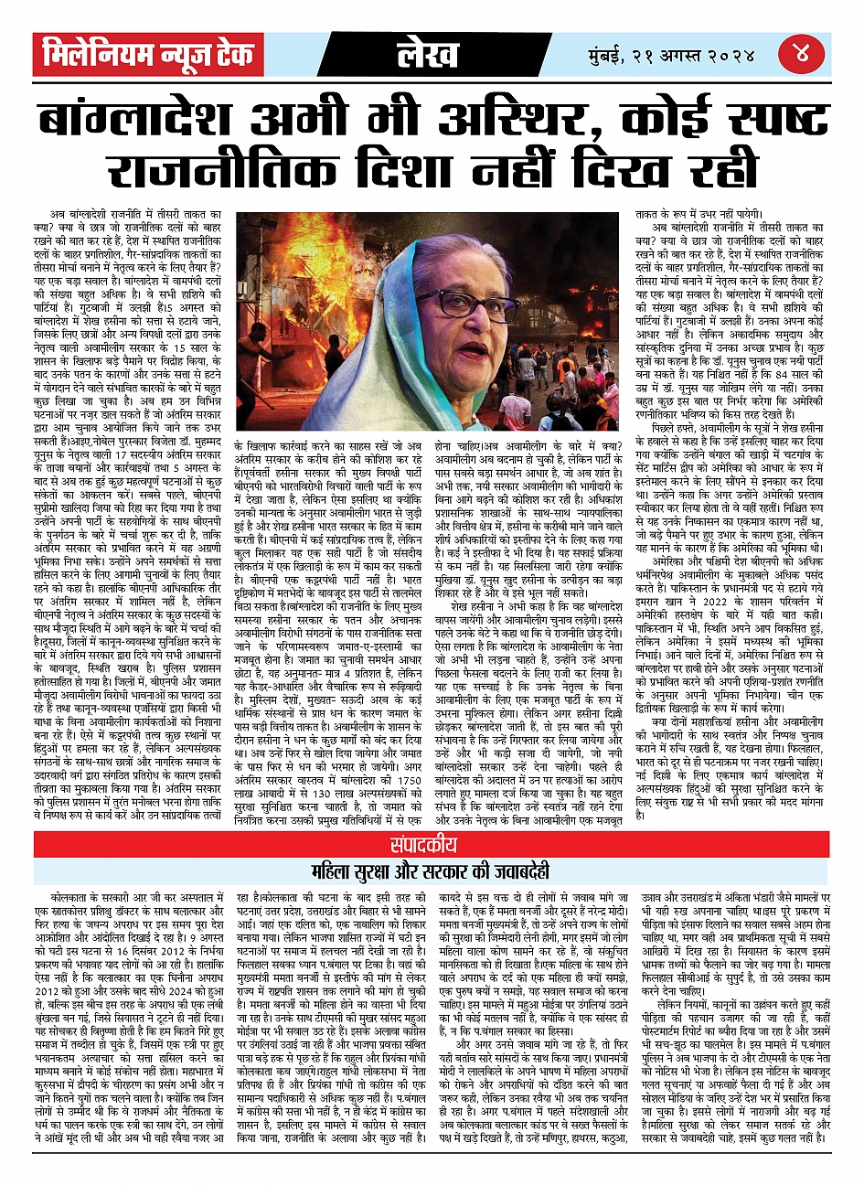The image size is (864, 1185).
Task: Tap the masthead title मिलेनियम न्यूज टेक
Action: coord(149,55)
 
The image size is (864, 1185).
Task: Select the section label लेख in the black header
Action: coord(427,55)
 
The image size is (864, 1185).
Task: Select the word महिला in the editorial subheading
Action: coord(335,870)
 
